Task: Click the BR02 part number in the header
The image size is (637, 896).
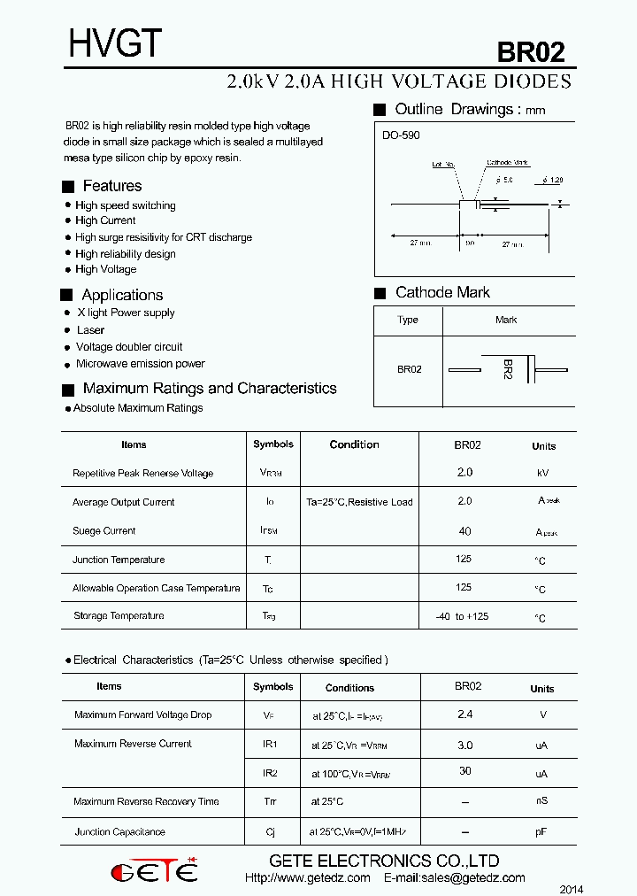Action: click(530, 52)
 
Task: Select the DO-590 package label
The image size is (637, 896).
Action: click(401, 135)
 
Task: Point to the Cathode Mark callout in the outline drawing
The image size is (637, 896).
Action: click(507, 163)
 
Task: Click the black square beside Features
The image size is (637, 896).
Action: click(68, 187)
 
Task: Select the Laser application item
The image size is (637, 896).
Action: click(90, 330)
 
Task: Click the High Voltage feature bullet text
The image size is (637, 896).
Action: click(105, 269)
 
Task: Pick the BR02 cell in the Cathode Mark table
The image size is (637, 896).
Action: click(409, 369)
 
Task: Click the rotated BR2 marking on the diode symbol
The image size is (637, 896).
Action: click(508, 369)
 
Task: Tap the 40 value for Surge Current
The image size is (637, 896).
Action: click(464, 531)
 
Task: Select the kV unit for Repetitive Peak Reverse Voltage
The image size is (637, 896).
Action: click(543, 474)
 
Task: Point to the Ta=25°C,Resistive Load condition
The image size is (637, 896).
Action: click(359, 502)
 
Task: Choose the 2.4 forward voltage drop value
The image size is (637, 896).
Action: click(464, 714)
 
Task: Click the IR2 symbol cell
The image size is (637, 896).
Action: click(270, 773)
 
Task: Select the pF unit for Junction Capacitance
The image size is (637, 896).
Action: click(541, 832)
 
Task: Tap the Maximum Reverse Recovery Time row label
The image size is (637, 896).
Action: click(146, 802)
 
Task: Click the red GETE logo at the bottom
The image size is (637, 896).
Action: click(155, 871)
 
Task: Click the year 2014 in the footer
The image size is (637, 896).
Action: click(571, 889)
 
